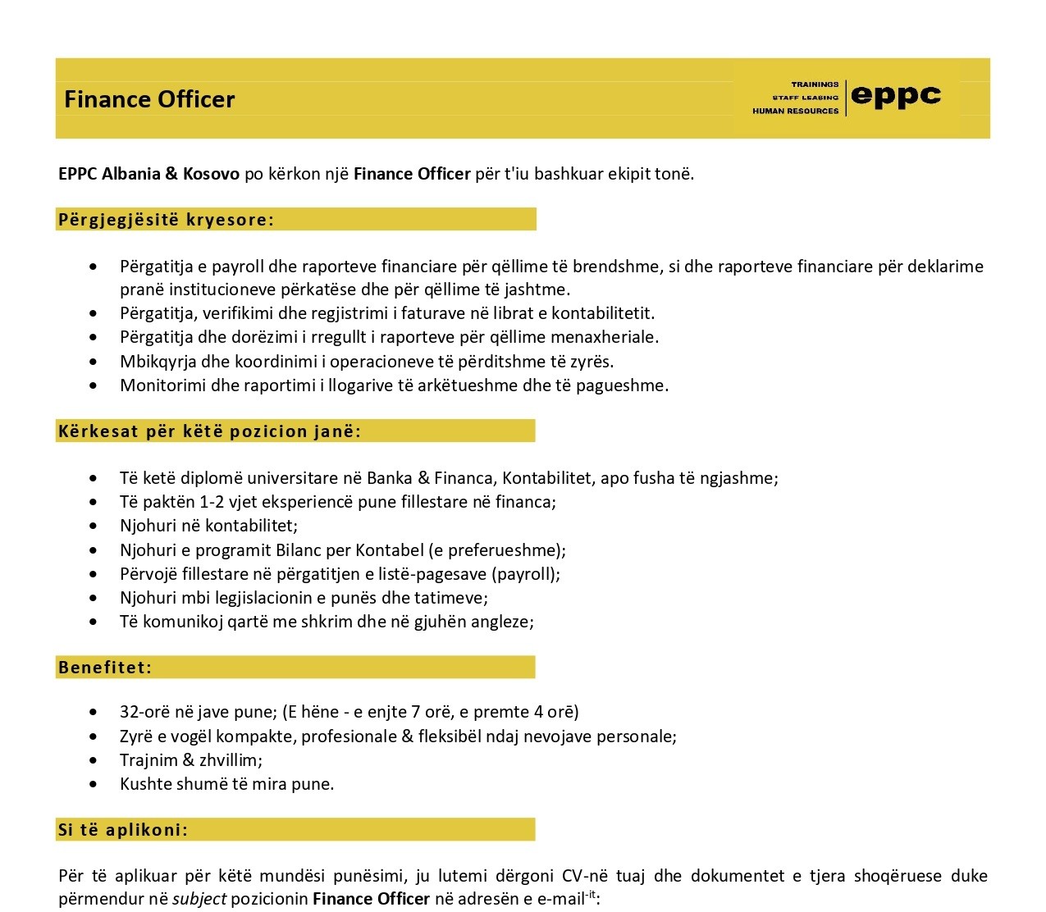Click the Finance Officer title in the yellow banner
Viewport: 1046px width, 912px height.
coord(149,99)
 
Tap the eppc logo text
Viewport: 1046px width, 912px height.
coord(896,96)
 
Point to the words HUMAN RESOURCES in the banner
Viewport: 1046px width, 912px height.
coord(795,111)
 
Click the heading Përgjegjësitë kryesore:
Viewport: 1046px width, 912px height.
coord(166,219)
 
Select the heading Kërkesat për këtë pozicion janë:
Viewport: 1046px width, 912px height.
coord(209,431)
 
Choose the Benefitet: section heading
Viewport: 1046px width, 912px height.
coord(105,667)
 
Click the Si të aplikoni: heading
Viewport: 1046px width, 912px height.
coord(123,829)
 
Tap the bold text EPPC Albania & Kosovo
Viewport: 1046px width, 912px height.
coord(148,173)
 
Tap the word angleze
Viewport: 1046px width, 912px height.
coord(503,621)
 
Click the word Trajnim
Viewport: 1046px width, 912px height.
coord(148,759)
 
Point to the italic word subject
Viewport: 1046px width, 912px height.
coord(199,898)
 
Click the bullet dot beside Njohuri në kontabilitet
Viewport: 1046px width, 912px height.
coord(98,526)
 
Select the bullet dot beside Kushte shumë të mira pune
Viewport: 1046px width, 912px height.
coord(98,784)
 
